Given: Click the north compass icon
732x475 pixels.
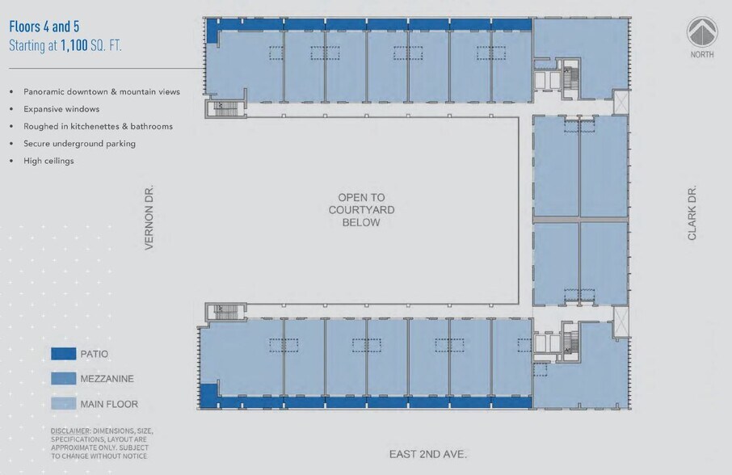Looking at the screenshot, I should pos(702,32).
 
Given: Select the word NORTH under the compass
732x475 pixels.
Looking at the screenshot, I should pos(702,55).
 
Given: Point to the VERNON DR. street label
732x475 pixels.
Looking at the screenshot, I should pos(149,218).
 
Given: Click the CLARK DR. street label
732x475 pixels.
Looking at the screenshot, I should pos(692,213).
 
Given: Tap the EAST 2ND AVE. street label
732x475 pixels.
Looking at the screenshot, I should pos(428,454).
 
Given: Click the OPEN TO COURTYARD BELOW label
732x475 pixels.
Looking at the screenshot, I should pos(361,209).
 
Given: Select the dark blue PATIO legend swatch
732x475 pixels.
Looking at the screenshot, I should pos(63,354).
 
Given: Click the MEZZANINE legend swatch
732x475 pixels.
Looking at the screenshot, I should pos(63,378).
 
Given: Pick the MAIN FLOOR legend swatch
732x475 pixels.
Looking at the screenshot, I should pos(63,404).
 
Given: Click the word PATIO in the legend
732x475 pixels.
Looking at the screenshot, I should pos(94,354).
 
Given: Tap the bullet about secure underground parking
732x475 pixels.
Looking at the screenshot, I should pos(79,144).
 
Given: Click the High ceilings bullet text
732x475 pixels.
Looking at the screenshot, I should pos(48,161).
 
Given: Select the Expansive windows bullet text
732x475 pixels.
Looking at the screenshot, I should pos(61,109).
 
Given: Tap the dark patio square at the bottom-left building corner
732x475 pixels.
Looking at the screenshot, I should pos(208,397).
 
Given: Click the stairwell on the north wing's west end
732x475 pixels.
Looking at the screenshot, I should pos(219,108).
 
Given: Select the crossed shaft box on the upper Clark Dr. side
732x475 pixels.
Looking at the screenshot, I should pos(623,103).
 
